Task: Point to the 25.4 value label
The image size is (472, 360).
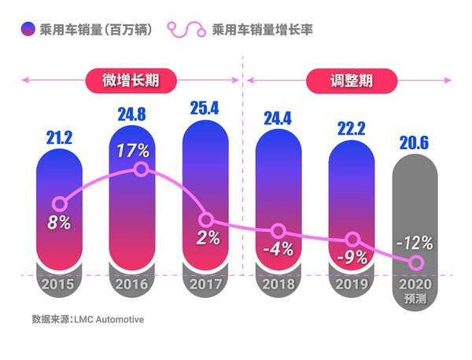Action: click(204, 108)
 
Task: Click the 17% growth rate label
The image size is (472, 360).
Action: click(132, 149)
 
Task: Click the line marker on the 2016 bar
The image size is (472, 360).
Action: click(141, 169)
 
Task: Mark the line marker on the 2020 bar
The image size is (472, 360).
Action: click(417, 263)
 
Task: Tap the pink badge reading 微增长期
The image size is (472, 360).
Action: click(130, 79)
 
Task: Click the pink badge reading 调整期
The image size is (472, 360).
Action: click(350, 79)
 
